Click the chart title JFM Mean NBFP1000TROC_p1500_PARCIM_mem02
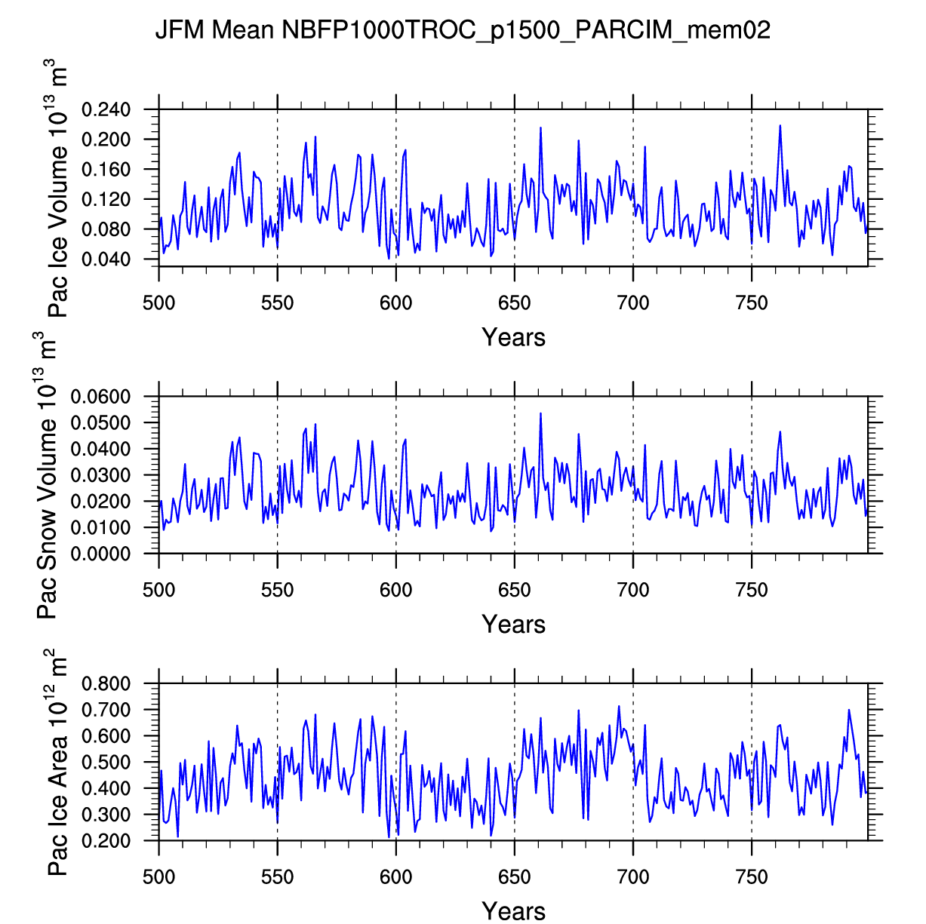(x=463, y=30)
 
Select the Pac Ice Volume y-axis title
(x=58, y=192)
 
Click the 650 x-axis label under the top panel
(x=514, y=303)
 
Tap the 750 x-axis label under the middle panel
(x=751, y=590)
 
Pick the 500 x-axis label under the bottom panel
(x=158, y=877)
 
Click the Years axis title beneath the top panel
(x=513, y=337)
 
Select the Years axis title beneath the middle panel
(x=513, y=624)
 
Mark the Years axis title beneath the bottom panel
(x=513, y=910)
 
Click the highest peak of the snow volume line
(x=540, y=413)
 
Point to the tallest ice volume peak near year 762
(x=780, y=126)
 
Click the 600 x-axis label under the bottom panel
(x=395, y=877)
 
